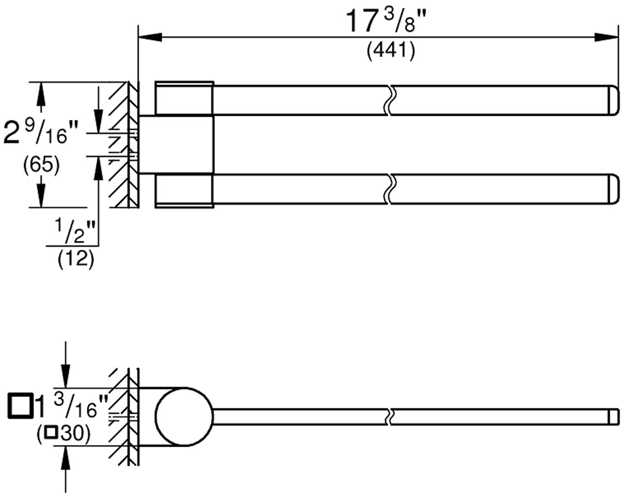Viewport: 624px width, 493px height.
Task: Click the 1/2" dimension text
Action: click(x=75, y=231)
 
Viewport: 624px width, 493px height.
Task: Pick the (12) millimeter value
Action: click(x=76, y=259)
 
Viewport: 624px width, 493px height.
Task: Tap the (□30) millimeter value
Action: click(x=63, y=434)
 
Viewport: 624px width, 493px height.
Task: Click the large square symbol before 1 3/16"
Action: click(x=20, y=405)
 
